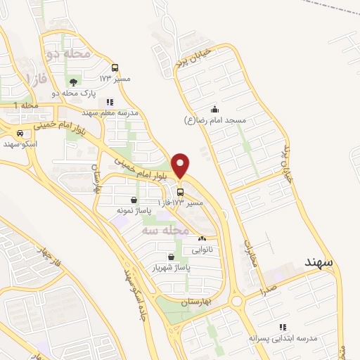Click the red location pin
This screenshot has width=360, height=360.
181,165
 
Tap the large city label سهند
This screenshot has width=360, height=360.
320,262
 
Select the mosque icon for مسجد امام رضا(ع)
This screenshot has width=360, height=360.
214,110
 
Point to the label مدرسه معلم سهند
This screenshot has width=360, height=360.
110,112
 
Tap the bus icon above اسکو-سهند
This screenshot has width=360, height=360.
20,133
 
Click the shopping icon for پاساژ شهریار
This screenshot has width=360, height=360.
172,257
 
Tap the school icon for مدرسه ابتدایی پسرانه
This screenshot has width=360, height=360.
283,327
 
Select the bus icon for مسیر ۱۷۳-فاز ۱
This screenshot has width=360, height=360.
181,192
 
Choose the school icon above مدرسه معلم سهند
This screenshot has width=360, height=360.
110,102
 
